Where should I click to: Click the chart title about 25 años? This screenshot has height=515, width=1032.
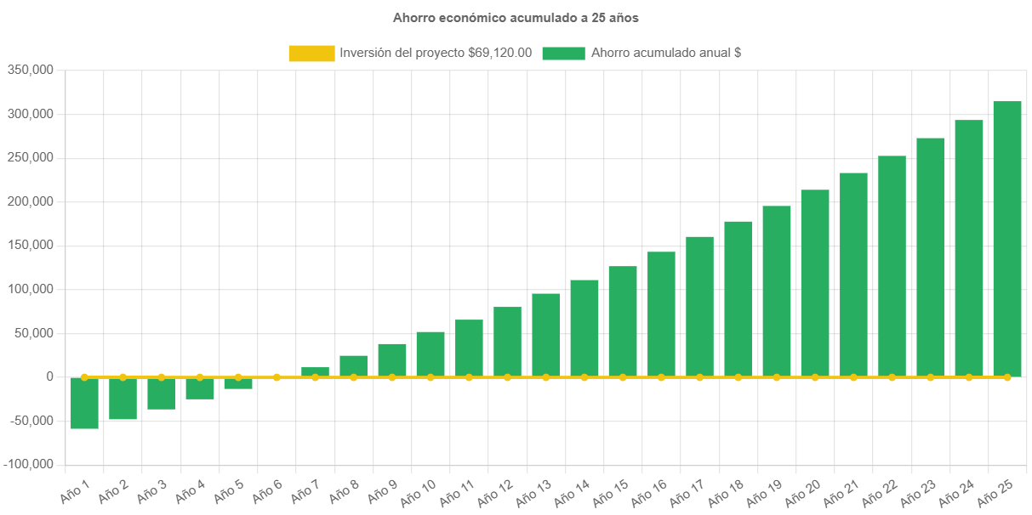click(x=516, y=17)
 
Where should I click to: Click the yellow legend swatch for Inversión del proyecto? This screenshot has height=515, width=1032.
click(x=311, y=54)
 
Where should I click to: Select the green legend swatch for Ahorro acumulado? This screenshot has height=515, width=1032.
click(x=563, y=54)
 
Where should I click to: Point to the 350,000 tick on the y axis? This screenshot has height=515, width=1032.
click(x=31, y=70)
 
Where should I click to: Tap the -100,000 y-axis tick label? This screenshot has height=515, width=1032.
click(x=29, y=465)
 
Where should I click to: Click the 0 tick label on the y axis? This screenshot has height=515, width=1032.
click(x=50, y=376)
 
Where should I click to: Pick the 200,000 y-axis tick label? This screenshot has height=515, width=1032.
click(x=31, y=201)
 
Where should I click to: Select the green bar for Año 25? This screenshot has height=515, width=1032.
click(x=1006, y=239)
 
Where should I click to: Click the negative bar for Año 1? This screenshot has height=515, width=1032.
click(x=84, y=403)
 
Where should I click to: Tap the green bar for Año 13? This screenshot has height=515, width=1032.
click(x=545, y=335)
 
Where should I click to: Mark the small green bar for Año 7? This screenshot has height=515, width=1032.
click(x=315, y=371)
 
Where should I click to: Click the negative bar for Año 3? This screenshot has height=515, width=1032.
click(x=161, y=393)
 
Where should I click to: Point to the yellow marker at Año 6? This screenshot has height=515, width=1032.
click(x=277, y=376)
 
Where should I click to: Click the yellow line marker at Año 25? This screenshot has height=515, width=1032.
click(x=1006, y=376)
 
